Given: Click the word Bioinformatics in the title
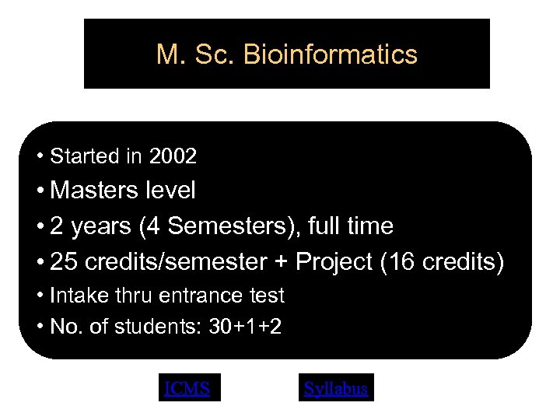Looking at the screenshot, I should [331, 54].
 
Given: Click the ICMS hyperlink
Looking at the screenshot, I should [187, 388].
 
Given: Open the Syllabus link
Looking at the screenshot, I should [336, 388].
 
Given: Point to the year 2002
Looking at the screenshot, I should [173, 156].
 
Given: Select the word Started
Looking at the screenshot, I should [84, 156].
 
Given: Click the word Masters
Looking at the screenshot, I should [97, 190].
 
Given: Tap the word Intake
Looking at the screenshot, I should [75, 296].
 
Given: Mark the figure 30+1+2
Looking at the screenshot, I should [245, 327].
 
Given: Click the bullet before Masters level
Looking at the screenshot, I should [40, 191].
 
